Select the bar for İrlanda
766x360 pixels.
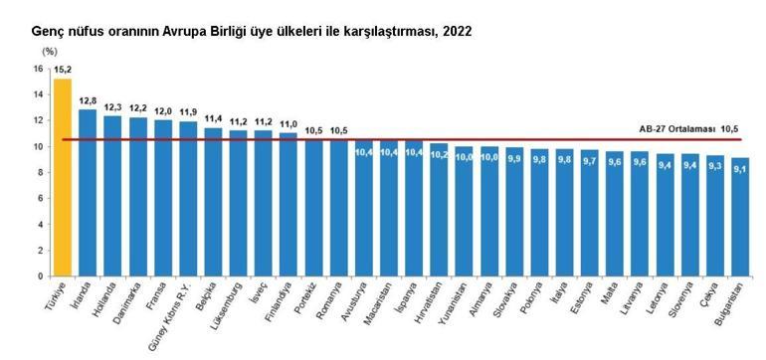pyautogui.click(x=88, y=193)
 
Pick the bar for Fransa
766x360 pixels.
pyautogui.click(x=163, y=198)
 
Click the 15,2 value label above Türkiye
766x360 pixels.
pyautogui.click(x=63, y=71)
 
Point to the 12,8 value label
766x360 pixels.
pyautogui.click(x=88, y=100)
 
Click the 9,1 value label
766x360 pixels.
pyautogui.click(x=739, y=169)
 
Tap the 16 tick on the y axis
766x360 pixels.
pyautogui.click(x=37, y=69)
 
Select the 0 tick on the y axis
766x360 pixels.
pyautogui.click(x=40, y=276)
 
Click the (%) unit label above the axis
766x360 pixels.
pyautogui.click(x=49, y=51)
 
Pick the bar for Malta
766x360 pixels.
pyautogui.click(x=614, y=214)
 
